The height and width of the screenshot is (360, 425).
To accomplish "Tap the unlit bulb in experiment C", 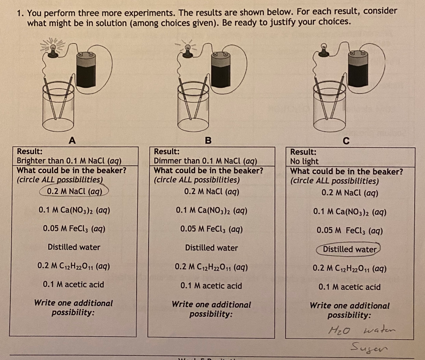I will pyautogui.click(x=325, y=52).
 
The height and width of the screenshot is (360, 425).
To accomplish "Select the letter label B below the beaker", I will pyautogui.click(x=208, y=140).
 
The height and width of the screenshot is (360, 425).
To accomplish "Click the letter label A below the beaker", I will pyautogui.click(x=72, y=140).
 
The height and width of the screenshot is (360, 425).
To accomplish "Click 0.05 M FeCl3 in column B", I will pyautogui.click(x=211, y=229).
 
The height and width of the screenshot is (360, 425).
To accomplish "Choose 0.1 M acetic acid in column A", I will pyautogui.click(x=73, y=284).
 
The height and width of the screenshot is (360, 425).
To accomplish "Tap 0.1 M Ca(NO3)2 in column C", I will pyautogui.click(x=350, y=212).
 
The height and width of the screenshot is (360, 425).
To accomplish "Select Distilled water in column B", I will pyautogui.click(x=211, y=248).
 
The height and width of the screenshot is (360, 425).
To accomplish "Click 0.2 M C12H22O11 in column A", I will pyautogui.click(x=73, y=266).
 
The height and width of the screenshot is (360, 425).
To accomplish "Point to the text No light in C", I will pyautogui.click(x=305, y=162).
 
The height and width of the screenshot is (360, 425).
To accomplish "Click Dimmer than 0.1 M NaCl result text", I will pyautogui.click(x=205, y=161).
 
